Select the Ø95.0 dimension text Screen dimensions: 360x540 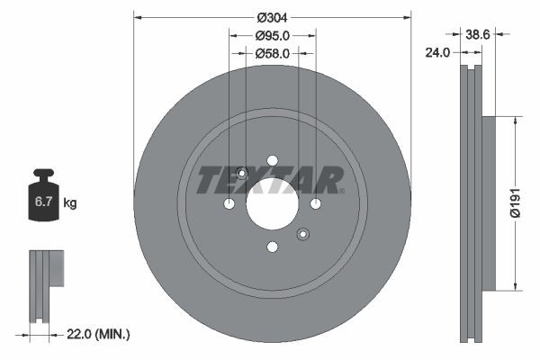pyautogui.click(x=272, y=36)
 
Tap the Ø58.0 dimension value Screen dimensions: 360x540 pyautogui.click(x=272, y=54)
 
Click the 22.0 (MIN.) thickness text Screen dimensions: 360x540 pyautogui.click(x=99, y=334)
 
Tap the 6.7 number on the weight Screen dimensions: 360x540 pyautogui.click(x=43, y=203)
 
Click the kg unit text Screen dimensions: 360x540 pyautogui.click(x=70, y=203)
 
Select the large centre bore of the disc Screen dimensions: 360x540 pyautogui.click(x=272, y=204)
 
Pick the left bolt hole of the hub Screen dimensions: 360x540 pyautogui.click(x=229, y=204)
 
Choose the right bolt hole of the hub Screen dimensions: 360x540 pyautogui.click(x=315, y=204)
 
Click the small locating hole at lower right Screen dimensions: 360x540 pyautogui.click(x=302, y=235)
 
